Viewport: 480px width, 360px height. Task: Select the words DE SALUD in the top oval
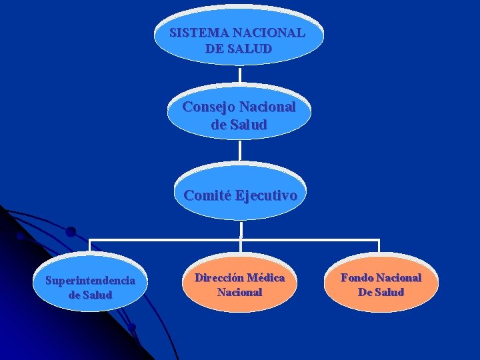[x=239, y=49]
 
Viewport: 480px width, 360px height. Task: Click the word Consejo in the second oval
[x=209, y=107]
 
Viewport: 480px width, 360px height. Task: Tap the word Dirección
[x=218, y=277]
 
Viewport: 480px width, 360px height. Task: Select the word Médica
[x=265, y=277]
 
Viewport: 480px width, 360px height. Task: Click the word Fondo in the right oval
[x=357, y=277]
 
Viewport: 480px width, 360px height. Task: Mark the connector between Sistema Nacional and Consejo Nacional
[x=239, y=75]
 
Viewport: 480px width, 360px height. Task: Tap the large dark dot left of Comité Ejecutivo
[x=71, y=232]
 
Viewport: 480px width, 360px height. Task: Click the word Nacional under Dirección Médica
[x=239, y=292]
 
